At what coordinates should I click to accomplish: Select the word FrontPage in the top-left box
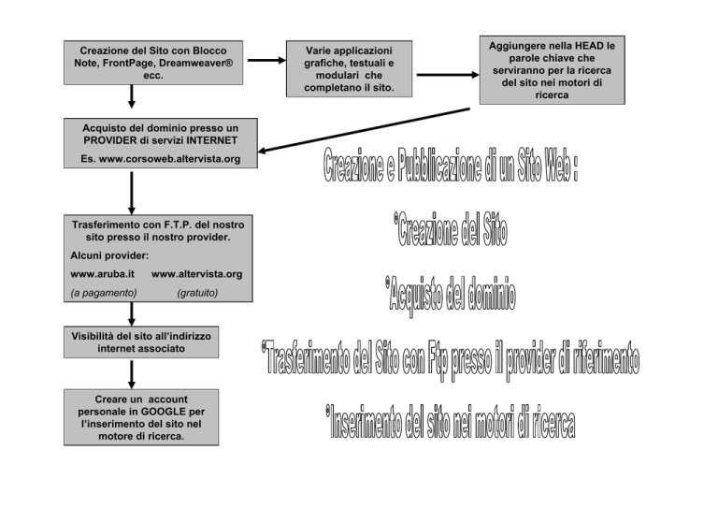(x=128, y=63)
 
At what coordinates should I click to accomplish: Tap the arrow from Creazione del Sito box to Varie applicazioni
(x=266, y=60)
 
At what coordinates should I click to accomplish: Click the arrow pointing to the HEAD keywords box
(x=448, y=75)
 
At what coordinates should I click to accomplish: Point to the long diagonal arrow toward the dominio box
(x=364, y=130)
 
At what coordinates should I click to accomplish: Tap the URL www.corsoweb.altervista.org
(x=169, y=159)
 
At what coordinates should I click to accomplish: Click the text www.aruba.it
(x=102, y=274)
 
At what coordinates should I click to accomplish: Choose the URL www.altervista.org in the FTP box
(x=197, y=274)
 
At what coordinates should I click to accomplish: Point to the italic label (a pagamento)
(x=104, y=293)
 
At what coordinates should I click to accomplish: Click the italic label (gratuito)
(x=197, y=293)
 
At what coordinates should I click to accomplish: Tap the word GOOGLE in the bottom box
(x=164, y=412)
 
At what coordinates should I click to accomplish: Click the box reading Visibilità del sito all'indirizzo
(x=141, y=342)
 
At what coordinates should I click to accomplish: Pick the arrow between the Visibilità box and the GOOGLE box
(x=132, y=374)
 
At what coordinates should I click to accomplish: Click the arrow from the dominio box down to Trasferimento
(x=132, y=193)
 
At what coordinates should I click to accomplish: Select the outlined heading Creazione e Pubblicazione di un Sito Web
(x=451, y=165)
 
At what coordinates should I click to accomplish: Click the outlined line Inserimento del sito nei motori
(x=451, y=421)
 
